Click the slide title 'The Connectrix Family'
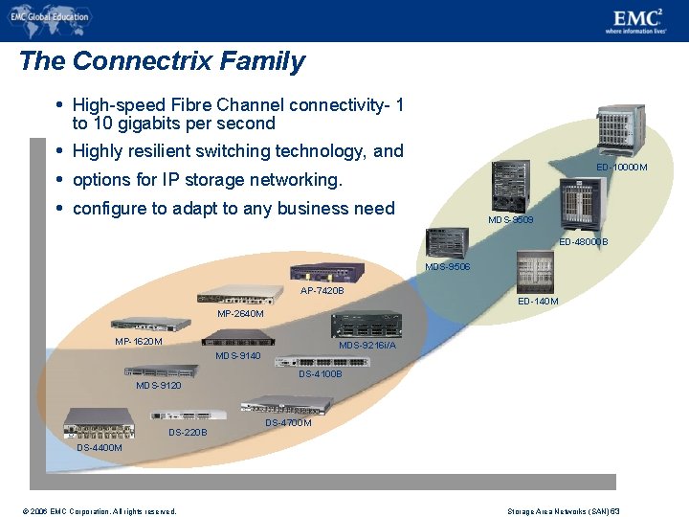(162, 61)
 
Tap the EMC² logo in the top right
(634, 19)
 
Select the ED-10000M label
(621, 168)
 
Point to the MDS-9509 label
(510, 220)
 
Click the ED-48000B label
(583, 241)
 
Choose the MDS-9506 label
(447, 267)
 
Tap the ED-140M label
(538, 302)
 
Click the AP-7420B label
(322, 290)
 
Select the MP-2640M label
(240, 313)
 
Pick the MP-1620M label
(139, 341)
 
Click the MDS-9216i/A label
(367, 345)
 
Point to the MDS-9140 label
(238, 356)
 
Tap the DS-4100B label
(320, 373)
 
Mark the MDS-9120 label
(159, 386)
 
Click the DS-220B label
(188, 432)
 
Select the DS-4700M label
(288, 422)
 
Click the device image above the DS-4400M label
(99, 422)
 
